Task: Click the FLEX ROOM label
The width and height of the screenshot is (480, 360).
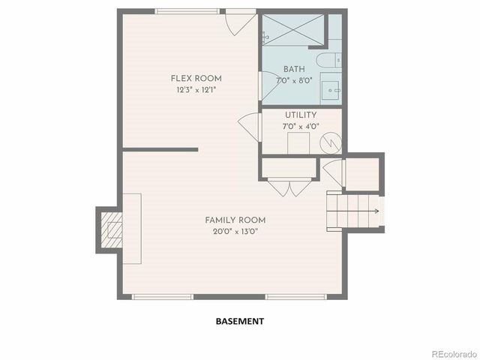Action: (196, 79)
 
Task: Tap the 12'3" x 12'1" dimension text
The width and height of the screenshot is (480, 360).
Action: (196, 90)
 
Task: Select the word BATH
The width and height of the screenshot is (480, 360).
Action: (294, 69)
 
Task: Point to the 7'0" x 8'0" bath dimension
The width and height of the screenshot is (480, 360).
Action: (293, 79)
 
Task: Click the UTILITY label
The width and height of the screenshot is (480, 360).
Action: (300, 115)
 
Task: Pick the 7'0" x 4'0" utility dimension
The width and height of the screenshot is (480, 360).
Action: (300, 126)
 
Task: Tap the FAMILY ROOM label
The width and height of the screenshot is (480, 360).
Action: (235, 220)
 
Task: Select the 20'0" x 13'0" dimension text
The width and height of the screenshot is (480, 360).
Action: (235, 231)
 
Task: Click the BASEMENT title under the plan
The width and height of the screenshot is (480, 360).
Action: (239, 321)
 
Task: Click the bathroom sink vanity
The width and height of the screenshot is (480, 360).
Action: (331, 88)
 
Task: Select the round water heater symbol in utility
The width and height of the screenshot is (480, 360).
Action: (330, 142)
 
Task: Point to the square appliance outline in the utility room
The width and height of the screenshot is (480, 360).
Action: (299, 143)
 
